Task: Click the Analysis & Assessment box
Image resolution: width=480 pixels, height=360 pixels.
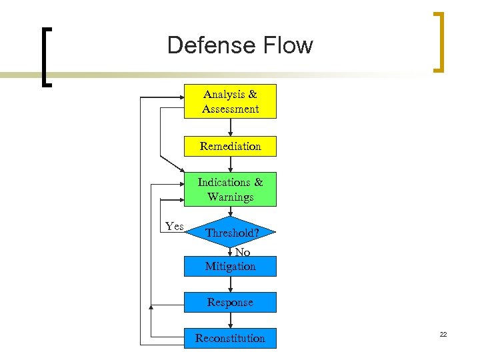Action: click(230, 101)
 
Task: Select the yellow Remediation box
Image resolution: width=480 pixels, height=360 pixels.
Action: click(230, 146)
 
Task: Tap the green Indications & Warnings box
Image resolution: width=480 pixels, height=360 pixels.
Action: click(230, 189)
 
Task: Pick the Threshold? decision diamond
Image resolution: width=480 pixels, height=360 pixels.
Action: click(230, 233)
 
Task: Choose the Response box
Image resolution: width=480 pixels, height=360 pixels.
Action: click(230, 303)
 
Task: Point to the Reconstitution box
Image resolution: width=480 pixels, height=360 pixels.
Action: click(230, 338)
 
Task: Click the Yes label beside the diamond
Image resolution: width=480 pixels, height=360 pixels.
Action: click(175, 227)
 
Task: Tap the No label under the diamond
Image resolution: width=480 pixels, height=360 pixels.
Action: click(243, 252)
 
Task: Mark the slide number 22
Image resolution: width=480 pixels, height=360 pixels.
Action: click(443, 333)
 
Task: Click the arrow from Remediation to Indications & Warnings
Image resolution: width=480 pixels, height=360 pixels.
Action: click(230, 165)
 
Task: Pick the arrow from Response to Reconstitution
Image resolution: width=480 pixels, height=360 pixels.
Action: click(230, 320)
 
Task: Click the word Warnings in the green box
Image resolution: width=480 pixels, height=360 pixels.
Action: click(231, 197)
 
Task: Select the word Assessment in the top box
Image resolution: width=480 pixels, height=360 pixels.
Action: click(231, 109)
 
